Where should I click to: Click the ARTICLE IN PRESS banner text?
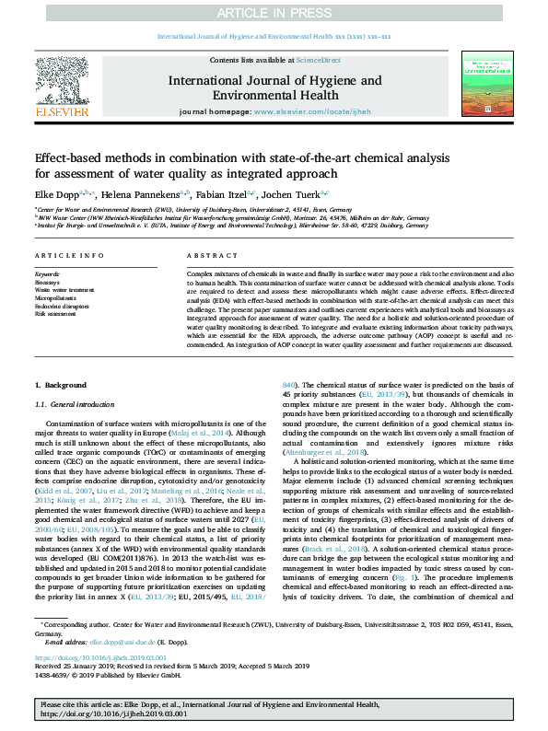(274, 12)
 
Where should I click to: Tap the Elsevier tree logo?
(62, 88)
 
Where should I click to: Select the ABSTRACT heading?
(206, 255)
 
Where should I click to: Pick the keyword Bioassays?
(50, 282)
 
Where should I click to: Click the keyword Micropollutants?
(57, 298)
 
